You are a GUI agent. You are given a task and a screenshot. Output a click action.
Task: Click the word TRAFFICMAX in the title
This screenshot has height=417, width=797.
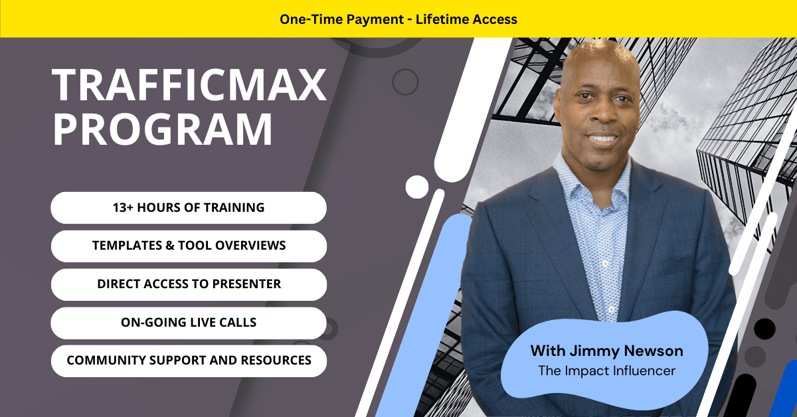[x=189, y=85]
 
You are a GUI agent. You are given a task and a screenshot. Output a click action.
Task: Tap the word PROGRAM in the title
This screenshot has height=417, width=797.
[x=163, y=129]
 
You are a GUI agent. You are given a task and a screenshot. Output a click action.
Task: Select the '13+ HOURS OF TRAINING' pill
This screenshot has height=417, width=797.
[x=189, y=208]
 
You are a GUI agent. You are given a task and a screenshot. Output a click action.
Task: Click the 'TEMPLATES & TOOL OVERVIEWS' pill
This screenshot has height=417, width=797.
[x=189, y=246]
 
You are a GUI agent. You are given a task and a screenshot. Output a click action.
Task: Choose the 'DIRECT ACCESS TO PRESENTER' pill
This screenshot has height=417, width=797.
[x=189, y=284]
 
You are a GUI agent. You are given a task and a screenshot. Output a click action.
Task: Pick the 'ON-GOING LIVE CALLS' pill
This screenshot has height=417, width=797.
[x=189, y=323]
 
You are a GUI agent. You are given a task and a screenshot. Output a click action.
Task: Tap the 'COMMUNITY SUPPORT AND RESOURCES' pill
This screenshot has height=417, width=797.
[x=189, y=361]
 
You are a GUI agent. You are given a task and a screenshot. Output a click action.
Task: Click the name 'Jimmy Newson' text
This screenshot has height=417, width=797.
[x=626, y=351]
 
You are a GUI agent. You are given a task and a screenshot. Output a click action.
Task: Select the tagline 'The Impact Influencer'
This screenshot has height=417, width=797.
[x=606, y=371]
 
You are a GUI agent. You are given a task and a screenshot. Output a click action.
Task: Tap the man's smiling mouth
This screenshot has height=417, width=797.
[x=602, y=137]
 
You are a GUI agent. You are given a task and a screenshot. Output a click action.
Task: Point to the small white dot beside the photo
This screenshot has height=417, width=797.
[x=417, y=187]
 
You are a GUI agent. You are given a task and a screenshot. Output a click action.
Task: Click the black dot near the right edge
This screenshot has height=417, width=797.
[x=764, y=329]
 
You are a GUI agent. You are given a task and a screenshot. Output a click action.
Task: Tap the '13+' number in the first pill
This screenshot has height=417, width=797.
[x=123, y=207]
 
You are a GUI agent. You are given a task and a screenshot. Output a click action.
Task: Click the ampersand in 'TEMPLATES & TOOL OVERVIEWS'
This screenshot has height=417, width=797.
[x=170, y=246]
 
